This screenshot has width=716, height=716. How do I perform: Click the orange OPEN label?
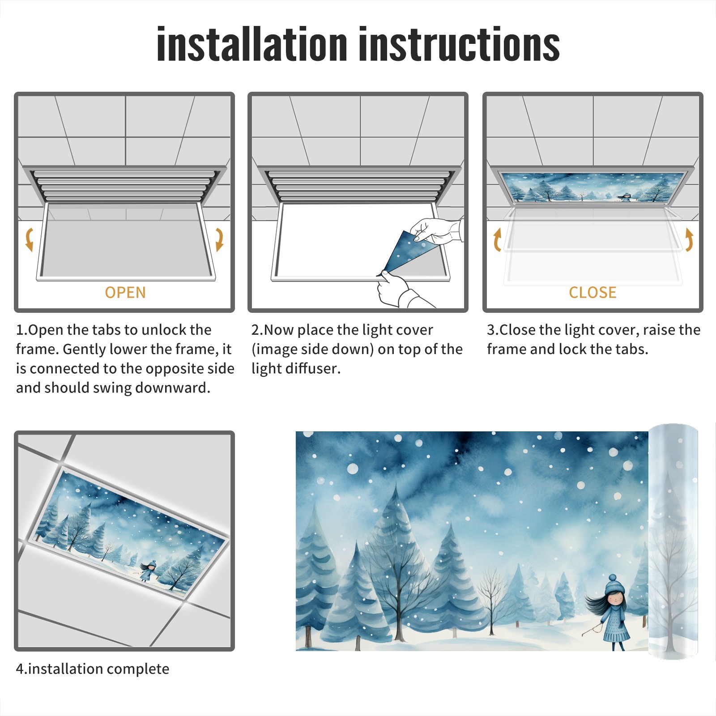click(125, 293)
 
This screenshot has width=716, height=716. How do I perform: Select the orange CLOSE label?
click(592, 293)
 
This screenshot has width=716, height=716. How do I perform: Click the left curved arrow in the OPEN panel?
click(29, 239)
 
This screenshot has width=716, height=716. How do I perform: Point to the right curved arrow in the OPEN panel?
click(219, 239)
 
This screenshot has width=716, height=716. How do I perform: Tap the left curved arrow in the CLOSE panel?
click(497, 239)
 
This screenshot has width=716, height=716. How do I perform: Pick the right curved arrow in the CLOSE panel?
click(689, 239)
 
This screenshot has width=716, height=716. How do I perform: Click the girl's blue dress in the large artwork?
click(615, 624)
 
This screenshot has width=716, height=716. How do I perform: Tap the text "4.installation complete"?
click(93, 669)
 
